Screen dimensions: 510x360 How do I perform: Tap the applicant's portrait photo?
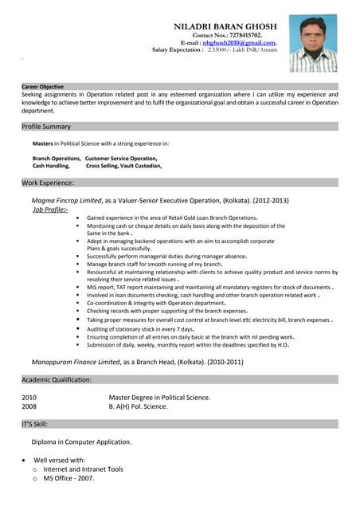click(x=313, y=43)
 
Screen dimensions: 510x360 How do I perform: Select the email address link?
click(x=239, y=42)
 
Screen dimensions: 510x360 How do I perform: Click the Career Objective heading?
click(x=43, y=86)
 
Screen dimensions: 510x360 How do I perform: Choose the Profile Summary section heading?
click(x=46, y=126)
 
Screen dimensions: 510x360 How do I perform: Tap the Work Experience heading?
click(x=48, y=182)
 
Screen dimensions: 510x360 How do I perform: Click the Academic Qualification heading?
click(x=57, y=379)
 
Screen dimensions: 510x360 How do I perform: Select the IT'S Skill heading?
click(x=35, y=424)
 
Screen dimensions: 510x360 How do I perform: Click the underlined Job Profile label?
click(x=49, y=209)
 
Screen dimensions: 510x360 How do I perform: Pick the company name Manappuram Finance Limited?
click(x=76, y=362)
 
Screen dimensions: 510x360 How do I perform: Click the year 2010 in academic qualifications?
click(x=29, y=397)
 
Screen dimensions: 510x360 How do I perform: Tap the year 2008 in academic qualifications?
click(x=29, y=406)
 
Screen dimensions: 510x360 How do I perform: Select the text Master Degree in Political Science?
click(x=159, y=397)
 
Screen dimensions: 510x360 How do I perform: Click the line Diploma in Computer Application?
click(x=81, y=441)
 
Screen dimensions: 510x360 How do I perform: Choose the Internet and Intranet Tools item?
click(x=83, y=469)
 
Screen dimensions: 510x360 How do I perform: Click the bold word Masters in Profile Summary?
click(x=42, y=143)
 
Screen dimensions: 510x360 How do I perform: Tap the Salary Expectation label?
click(x=178, y=49)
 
